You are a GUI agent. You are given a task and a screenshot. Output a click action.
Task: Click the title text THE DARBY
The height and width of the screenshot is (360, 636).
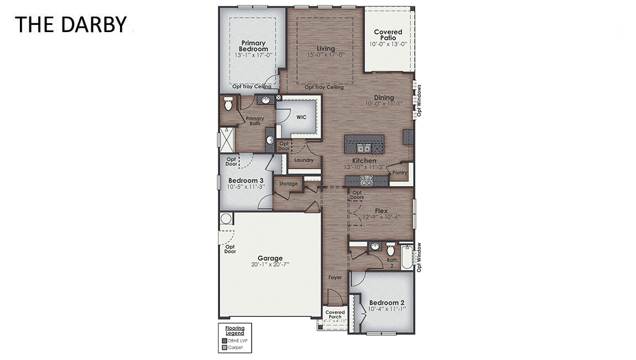coord(70,24)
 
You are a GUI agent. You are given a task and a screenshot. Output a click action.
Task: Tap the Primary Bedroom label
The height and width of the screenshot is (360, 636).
coord(253,46)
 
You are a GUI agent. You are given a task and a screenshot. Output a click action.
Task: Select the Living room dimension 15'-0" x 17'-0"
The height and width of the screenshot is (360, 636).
coord(326,55)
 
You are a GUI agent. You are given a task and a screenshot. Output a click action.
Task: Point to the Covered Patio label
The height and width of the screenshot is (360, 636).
coord(388,35)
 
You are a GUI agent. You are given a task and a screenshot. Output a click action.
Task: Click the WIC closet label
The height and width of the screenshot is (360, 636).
coord(301,117)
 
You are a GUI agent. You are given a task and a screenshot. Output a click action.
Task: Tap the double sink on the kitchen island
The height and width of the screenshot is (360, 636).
coord(363,148)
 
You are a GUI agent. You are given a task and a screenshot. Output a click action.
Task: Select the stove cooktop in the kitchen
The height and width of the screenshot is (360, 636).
coord(366,180)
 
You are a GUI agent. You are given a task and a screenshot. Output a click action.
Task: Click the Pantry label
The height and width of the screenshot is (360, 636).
coord(399,173)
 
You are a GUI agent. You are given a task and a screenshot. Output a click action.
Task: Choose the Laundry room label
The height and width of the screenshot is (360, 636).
coord(304,160)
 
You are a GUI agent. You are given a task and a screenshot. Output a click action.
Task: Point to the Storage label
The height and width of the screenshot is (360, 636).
coord(288,184)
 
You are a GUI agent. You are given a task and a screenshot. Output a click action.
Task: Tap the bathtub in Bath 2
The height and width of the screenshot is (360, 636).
coord(407,257)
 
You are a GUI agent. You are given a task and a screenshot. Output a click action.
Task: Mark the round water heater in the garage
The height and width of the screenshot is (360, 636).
coord(226,218)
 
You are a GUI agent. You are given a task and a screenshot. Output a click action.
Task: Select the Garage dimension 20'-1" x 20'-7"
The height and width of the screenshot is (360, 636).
coord(270,265)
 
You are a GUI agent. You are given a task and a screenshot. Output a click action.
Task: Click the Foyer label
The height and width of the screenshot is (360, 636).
coord(335,278)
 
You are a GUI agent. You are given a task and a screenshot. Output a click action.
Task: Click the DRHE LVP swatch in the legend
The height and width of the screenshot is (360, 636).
coord(225,341)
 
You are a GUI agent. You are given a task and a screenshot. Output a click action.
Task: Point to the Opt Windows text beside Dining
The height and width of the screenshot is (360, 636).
coord(419,100)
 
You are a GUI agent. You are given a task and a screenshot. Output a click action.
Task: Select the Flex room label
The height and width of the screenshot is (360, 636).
coord(381,211)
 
